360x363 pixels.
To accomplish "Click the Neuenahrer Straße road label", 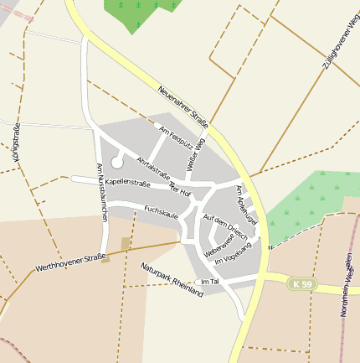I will point(182,106).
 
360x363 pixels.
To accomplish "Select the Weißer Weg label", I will point(197,157).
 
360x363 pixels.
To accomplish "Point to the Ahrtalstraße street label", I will point(153,168).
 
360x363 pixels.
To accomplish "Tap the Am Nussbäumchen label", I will point(101,192).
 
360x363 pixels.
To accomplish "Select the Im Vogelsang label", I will point(233,256).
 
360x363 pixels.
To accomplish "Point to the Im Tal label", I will point(210,281).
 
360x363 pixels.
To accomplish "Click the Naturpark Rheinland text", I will point(172,280).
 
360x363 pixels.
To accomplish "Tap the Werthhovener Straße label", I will point(69,262).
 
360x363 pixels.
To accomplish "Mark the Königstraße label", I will point(16,142).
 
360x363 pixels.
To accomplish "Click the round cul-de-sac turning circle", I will point(116,162).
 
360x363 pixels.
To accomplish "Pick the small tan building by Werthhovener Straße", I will point(126,243).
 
